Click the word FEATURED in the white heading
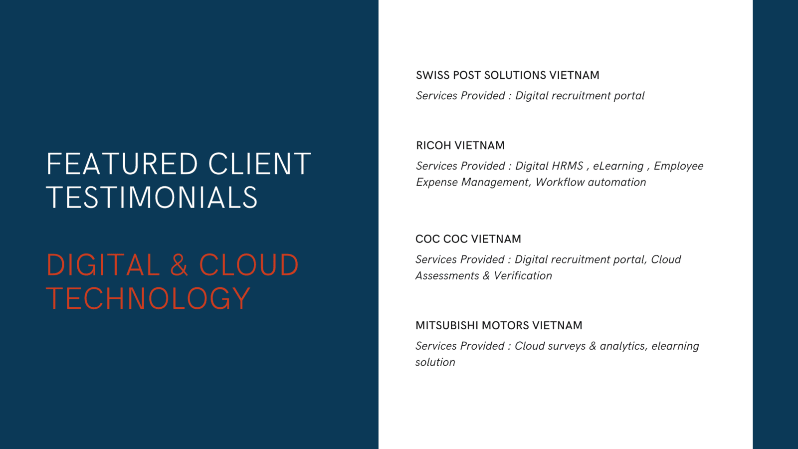tap(122, 164)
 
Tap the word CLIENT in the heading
tap(260, 164)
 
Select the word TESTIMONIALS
tap(152, 197)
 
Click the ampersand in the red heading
tap(179, 265)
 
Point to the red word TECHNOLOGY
tap(149, 298)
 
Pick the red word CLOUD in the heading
tap(249, 265)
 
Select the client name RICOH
tap(434, 145)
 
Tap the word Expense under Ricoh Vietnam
tap(437, 183)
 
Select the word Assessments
tap(447, 276)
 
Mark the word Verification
tap(523, 276)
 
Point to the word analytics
tap(623, 346)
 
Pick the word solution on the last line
tap(435, 362)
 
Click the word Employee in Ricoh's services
tap(678, 166)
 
